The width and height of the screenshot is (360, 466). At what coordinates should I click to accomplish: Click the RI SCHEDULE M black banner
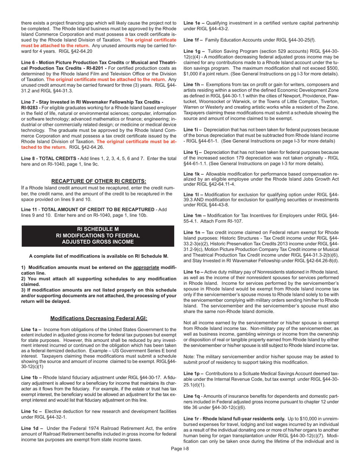98,235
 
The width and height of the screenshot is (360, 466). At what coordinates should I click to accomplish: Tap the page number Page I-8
180,459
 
